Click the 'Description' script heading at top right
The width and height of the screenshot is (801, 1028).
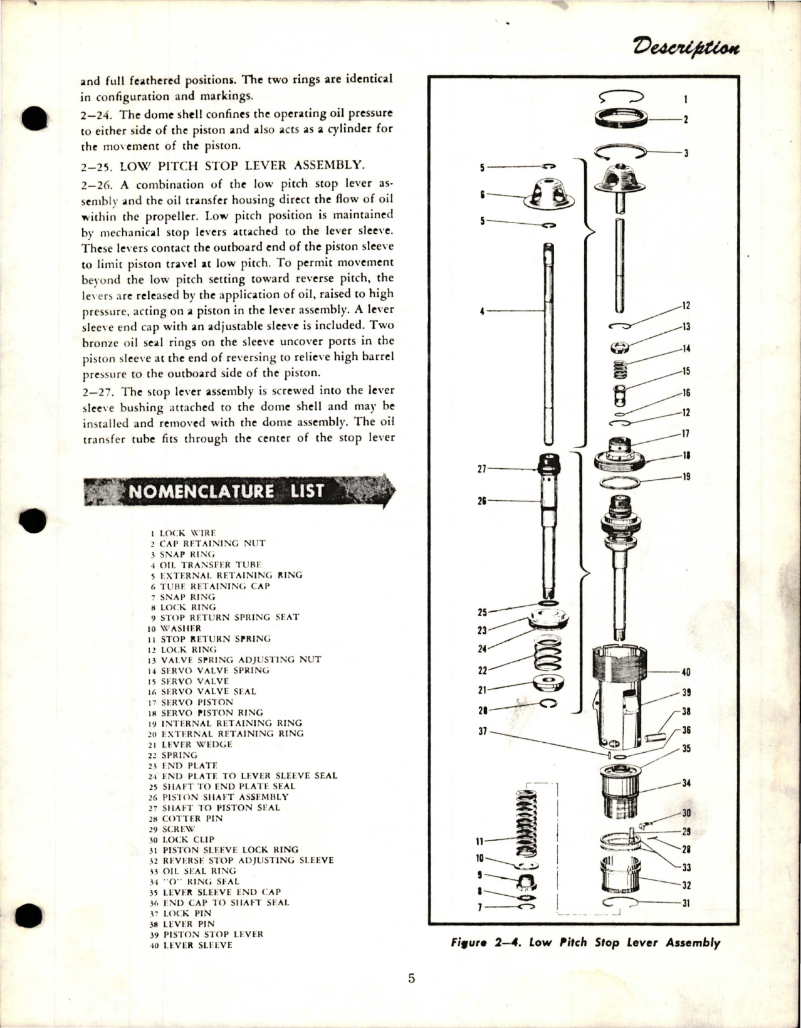(686, 47)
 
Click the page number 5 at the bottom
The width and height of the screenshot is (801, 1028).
(411, 979)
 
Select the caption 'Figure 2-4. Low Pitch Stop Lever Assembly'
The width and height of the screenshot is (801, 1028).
(585, 942)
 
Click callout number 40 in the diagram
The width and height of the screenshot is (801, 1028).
(686, 673)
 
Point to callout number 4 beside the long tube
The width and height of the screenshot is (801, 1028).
(482, 310)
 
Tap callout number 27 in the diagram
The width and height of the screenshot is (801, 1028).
(482, 468)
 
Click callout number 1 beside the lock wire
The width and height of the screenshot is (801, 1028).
(686, 98)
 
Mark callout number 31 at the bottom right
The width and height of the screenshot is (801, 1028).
(686, 903)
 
